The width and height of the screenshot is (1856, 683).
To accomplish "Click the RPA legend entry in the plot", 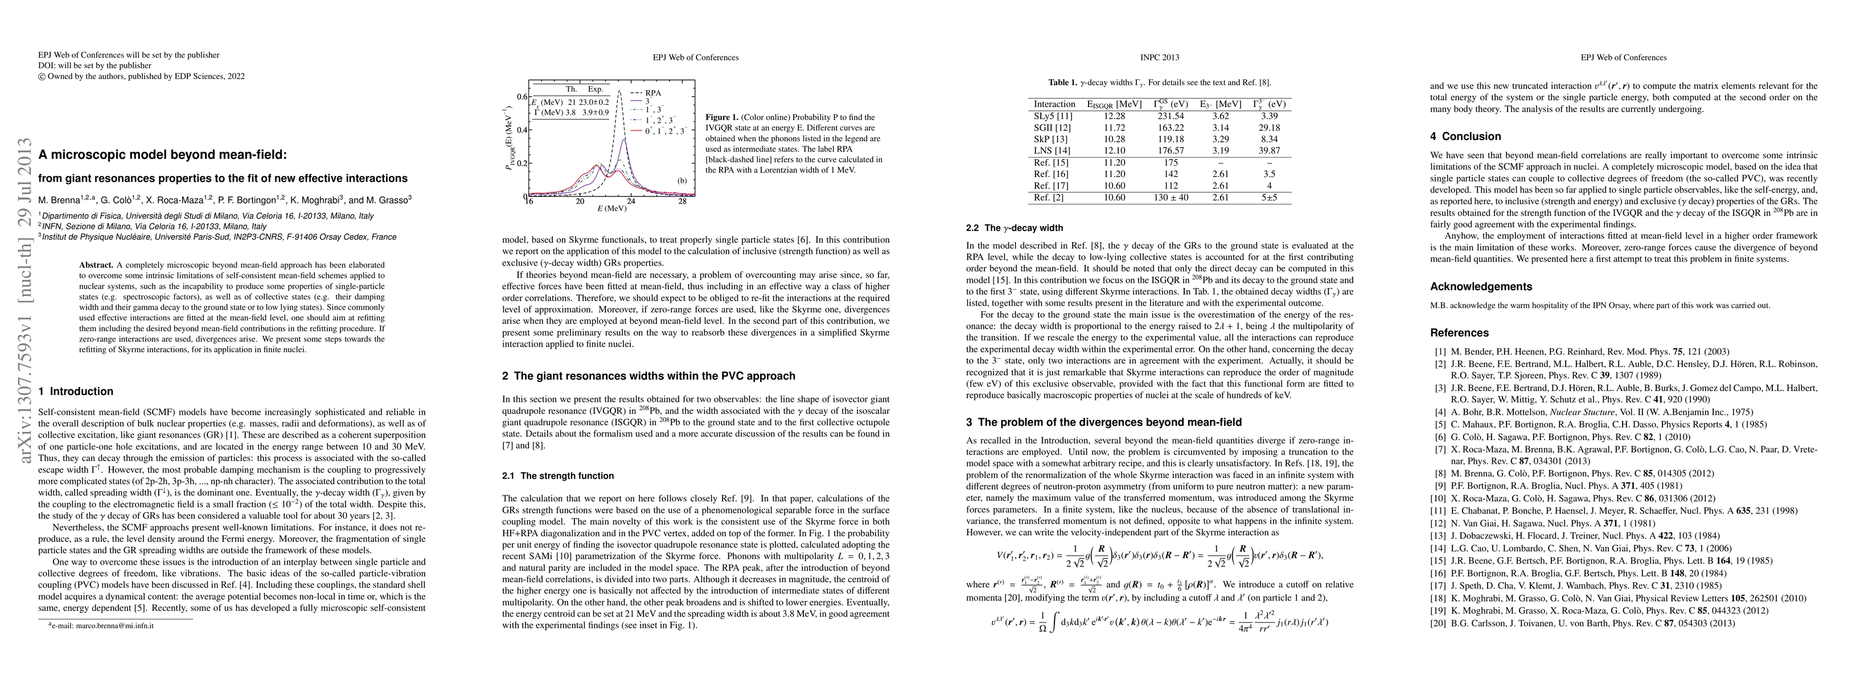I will click(654, 93).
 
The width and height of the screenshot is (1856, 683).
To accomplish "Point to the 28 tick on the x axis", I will click(682, 201).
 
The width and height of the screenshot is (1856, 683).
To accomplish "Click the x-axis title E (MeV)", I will click(611, 209).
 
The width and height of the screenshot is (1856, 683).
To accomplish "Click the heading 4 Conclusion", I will click(1465, 136).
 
